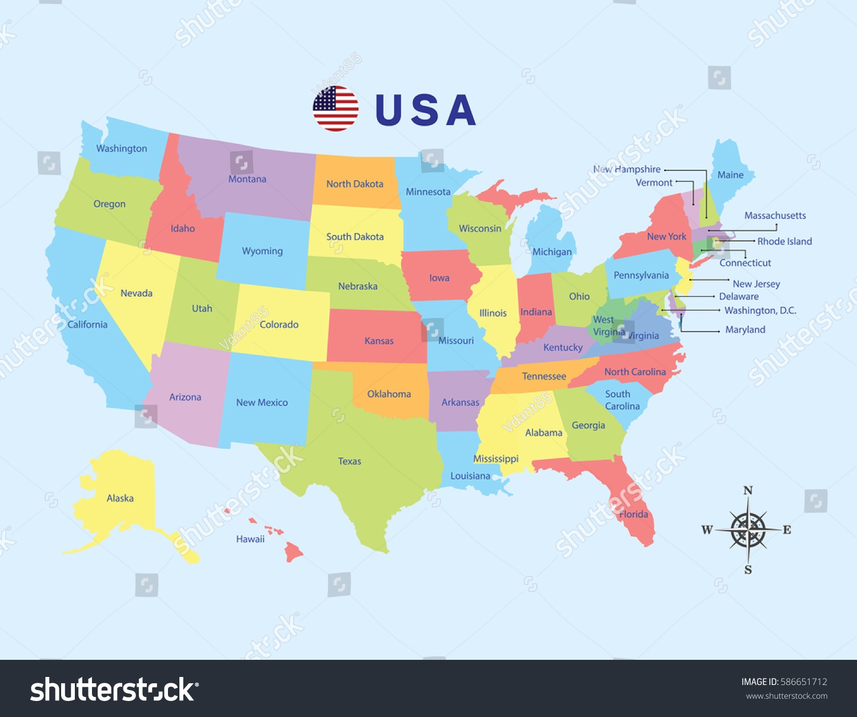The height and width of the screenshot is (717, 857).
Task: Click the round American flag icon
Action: click(x=335, y=109)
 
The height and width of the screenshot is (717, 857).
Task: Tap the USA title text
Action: click(x=425, y=110)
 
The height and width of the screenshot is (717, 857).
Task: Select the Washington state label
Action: click(x=121, y=149)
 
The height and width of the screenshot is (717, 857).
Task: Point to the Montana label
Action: click(x=247, y=179)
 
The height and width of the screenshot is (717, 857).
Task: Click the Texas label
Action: click(x=349, y=461)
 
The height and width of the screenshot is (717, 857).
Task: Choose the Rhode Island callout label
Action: click(x=784, y=241)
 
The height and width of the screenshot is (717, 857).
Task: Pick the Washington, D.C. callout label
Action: click(x=760, y=310)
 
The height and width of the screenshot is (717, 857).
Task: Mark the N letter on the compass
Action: click(x=748, y=491)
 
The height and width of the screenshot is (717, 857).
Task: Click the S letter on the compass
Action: click(x=748, y=569)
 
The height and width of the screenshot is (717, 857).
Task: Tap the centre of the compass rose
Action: click(x=748, y=530)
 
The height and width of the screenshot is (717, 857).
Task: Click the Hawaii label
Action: click(x=250, y=539)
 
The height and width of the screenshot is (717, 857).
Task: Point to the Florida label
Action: click(x=634, y=514)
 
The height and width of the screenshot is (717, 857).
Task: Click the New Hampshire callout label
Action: click(x=627, y=169)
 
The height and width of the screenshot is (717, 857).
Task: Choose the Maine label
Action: click(x=730, y=175)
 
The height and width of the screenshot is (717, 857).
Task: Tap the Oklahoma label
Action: click(x=389, y=394)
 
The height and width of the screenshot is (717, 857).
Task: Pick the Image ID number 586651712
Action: click(x=803, y=682)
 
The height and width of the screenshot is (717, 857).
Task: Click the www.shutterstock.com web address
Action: click(x=786, y=696)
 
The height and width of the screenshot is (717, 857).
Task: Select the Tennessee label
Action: click(x=544, y=376)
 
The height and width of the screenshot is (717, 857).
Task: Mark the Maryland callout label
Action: click(x=745, y=330)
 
